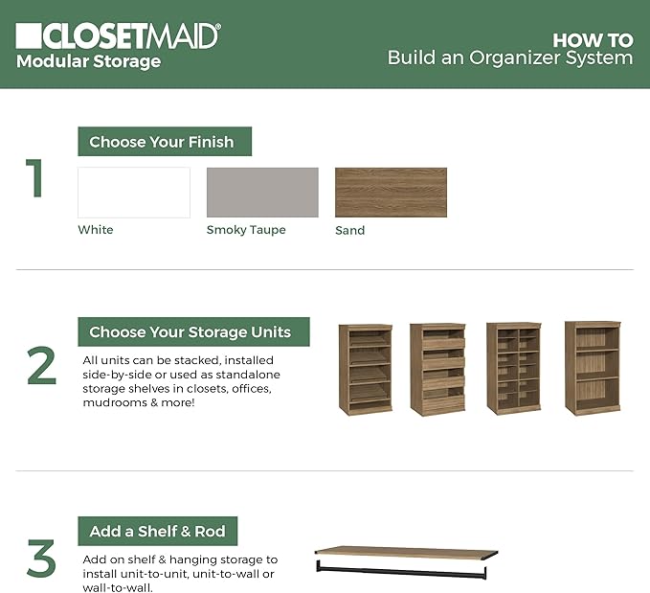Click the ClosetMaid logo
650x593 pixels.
tap(118, 35)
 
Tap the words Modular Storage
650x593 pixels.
tap(88, 62)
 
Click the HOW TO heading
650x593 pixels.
tap(593, 40)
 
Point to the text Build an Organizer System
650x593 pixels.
tap(509, 58)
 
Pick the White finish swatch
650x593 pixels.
tap(133, 193)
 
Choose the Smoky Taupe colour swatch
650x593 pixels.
tap(262, 193)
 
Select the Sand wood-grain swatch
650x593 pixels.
tap(391, 193)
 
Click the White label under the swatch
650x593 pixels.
tap(96, 230)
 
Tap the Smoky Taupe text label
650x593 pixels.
tap(246, 230)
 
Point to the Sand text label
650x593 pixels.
tap(349, 230)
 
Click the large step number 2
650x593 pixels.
tap(40, 367)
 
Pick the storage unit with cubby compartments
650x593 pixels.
tap(513, 369)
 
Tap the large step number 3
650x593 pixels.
tap(40, 560)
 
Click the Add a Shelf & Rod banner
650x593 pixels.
tap(157, 532)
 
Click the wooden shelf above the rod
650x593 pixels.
tap(407, 552)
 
